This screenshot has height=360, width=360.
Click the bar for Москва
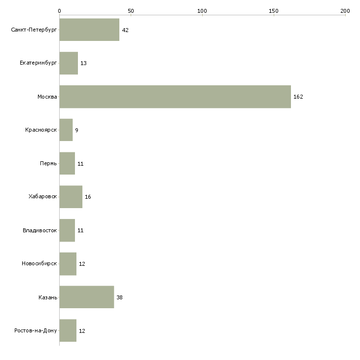coord(175,97)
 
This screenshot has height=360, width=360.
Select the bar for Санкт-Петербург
coord(89,30)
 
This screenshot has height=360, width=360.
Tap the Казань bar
coord(87,297)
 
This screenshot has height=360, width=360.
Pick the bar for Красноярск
coord(66,130)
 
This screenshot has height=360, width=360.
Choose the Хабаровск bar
coord(71,197)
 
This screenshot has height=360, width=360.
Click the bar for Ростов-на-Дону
coord(68,330)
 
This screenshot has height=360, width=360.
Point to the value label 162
coord(298,97)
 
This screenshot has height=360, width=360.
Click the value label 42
coord(125,30)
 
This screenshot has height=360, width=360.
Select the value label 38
coord(120,297)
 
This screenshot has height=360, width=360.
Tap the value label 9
coord(76,130)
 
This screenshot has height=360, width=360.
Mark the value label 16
coord(88,197)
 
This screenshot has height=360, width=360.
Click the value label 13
coord(83,63)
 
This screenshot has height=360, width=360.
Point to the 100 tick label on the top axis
coord(202,11)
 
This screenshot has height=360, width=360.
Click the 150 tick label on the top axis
coord(274,11)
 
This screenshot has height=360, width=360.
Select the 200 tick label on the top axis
coord(345,11)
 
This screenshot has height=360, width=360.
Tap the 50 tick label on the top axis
coord(131,11)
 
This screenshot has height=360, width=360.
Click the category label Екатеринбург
coord(38,63)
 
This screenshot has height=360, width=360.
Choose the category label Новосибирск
coord(39,263)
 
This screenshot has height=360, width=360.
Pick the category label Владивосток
coord(40,230)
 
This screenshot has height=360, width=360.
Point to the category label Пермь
coord(48,163)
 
